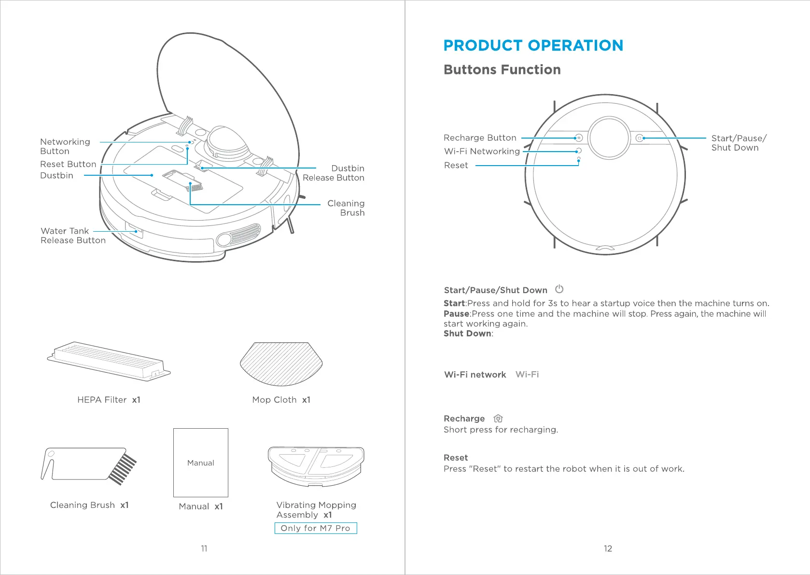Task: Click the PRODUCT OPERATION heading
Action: click(533, 45)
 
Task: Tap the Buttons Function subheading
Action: click(502, 70)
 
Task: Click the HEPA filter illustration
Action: click(109, 361)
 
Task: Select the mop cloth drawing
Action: click(281, 364)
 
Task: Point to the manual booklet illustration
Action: click(201, 463)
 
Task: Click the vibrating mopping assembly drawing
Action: click(316, 466)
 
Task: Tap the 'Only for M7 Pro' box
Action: click(316, 528)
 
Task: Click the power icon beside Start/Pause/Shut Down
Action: click(559, 289)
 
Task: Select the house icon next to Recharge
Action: click(498, 419)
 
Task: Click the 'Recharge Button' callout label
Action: click(480, 138)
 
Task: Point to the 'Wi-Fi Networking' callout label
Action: click(482, 152)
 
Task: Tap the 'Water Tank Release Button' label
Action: click(73, 236)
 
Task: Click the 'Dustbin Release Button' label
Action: click(334, 173)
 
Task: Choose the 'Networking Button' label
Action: click(65, 146)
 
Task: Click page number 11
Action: click(204, 548)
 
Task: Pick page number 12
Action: click(608, 548)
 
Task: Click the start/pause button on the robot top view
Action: click(639, 138)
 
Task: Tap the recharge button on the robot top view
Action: click(579, 138)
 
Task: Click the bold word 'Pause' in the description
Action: click(456, 314)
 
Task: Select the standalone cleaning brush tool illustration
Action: click(89, 466)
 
